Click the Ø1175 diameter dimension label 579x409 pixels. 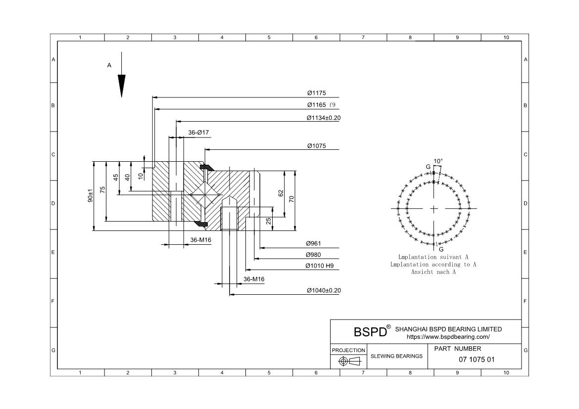[316, 93]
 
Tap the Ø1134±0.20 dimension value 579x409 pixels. [324, 118]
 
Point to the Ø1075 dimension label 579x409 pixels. [316, 146]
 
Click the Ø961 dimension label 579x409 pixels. [314, 243]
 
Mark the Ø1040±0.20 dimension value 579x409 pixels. [324, 290]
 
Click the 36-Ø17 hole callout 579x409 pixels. [198, 133]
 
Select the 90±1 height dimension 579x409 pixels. [91, 196]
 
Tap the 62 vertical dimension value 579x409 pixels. [281, 193]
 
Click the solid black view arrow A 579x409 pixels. [121, 85]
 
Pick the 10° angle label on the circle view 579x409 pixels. [438, 161]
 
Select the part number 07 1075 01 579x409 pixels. [477, 360]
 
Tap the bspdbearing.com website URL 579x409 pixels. [448, 337]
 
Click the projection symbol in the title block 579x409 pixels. [348, 362]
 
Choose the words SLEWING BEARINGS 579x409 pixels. [396, 356]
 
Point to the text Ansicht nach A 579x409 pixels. [433, 272]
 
